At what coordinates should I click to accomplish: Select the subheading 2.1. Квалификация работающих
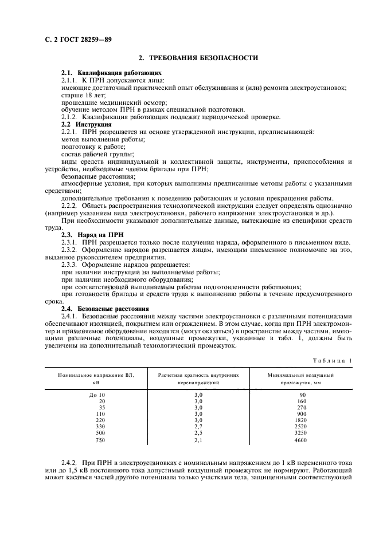click(111, 73)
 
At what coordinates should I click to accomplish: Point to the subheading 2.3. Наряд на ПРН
click(93, 234)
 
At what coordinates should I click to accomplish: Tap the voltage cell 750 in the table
click(101, 440)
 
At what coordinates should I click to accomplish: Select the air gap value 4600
click(300, 440)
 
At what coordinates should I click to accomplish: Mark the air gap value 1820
click(300, 420)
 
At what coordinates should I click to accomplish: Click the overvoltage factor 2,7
click(198, 426)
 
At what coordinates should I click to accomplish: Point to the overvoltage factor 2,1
click(198, 440)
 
